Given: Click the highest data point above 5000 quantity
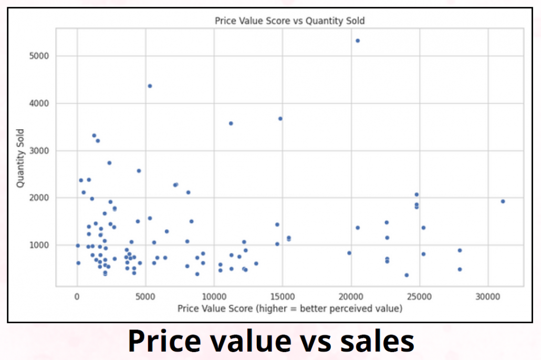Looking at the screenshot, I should [358, 40].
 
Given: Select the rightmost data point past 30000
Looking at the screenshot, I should [503, 201].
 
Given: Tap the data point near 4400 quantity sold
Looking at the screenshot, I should [150, 86].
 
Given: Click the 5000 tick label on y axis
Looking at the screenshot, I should [41, 56].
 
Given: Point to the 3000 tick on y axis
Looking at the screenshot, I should [41, 151].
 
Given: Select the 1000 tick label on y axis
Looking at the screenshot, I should [41, 245].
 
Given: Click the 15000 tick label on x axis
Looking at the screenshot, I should [283, 296].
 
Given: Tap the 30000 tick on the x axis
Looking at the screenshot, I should [488, 296].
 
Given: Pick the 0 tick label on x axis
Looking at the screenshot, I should [77, 296].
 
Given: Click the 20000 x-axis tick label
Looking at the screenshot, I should [351, 296].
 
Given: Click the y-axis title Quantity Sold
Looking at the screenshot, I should [20, 158].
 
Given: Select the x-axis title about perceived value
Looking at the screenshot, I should [290, 308].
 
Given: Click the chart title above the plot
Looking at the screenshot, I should [290, 21].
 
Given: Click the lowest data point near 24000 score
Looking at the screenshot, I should [407, 275].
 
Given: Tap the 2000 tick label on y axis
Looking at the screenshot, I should [41, 198].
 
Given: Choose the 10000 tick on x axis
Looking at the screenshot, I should [214, 296].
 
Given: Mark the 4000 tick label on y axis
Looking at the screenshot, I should [41, 104].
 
